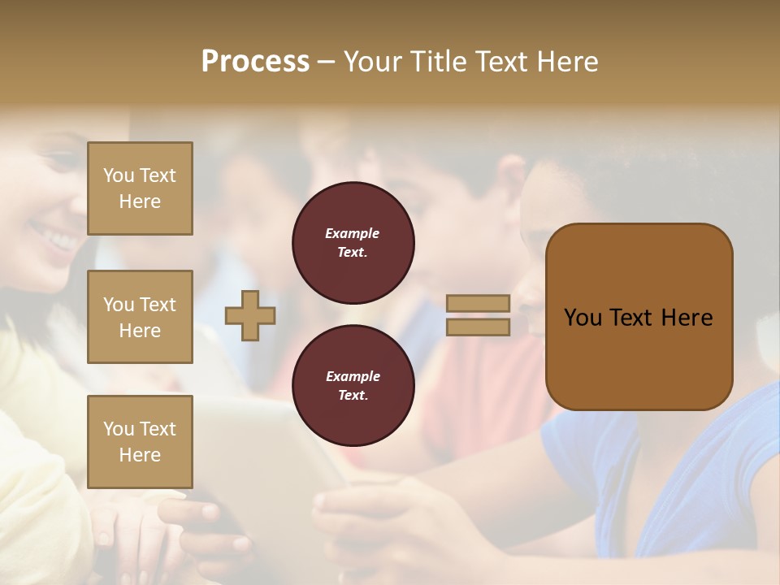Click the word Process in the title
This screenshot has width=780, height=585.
(255, 62)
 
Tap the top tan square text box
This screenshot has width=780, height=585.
(140, 188)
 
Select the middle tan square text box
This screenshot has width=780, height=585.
(140, 317)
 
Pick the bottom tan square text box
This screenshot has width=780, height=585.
(140, 442)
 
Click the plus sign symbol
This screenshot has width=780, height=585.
(250, 316)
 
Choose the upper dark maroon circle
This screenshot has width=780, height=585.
(353, 243)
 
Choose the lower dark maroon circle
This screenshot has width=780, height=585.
(353, 386)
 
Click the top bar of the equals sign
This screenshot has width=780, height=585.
(479, 303)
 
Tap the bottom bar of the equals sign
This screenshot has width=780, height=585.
(479, 327)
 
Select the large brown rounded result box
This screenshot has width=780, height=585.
(639, 357)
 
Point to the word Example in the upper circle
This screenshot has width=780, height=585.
(353, 234)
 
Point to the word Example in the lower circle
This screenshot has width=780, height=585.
(353, 377)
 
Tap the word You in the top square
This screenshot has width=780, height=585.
(118, 175)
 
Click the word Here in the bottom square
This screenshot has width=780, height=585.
(140, 455)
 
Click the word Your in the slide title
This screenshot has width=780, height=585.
(372, 62)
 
